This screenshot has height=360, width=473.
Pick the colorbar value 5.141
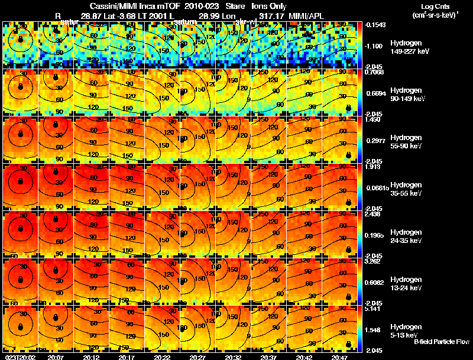coord(374,309)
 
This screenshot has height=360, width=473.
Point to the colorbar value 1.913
coord(374,167)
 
